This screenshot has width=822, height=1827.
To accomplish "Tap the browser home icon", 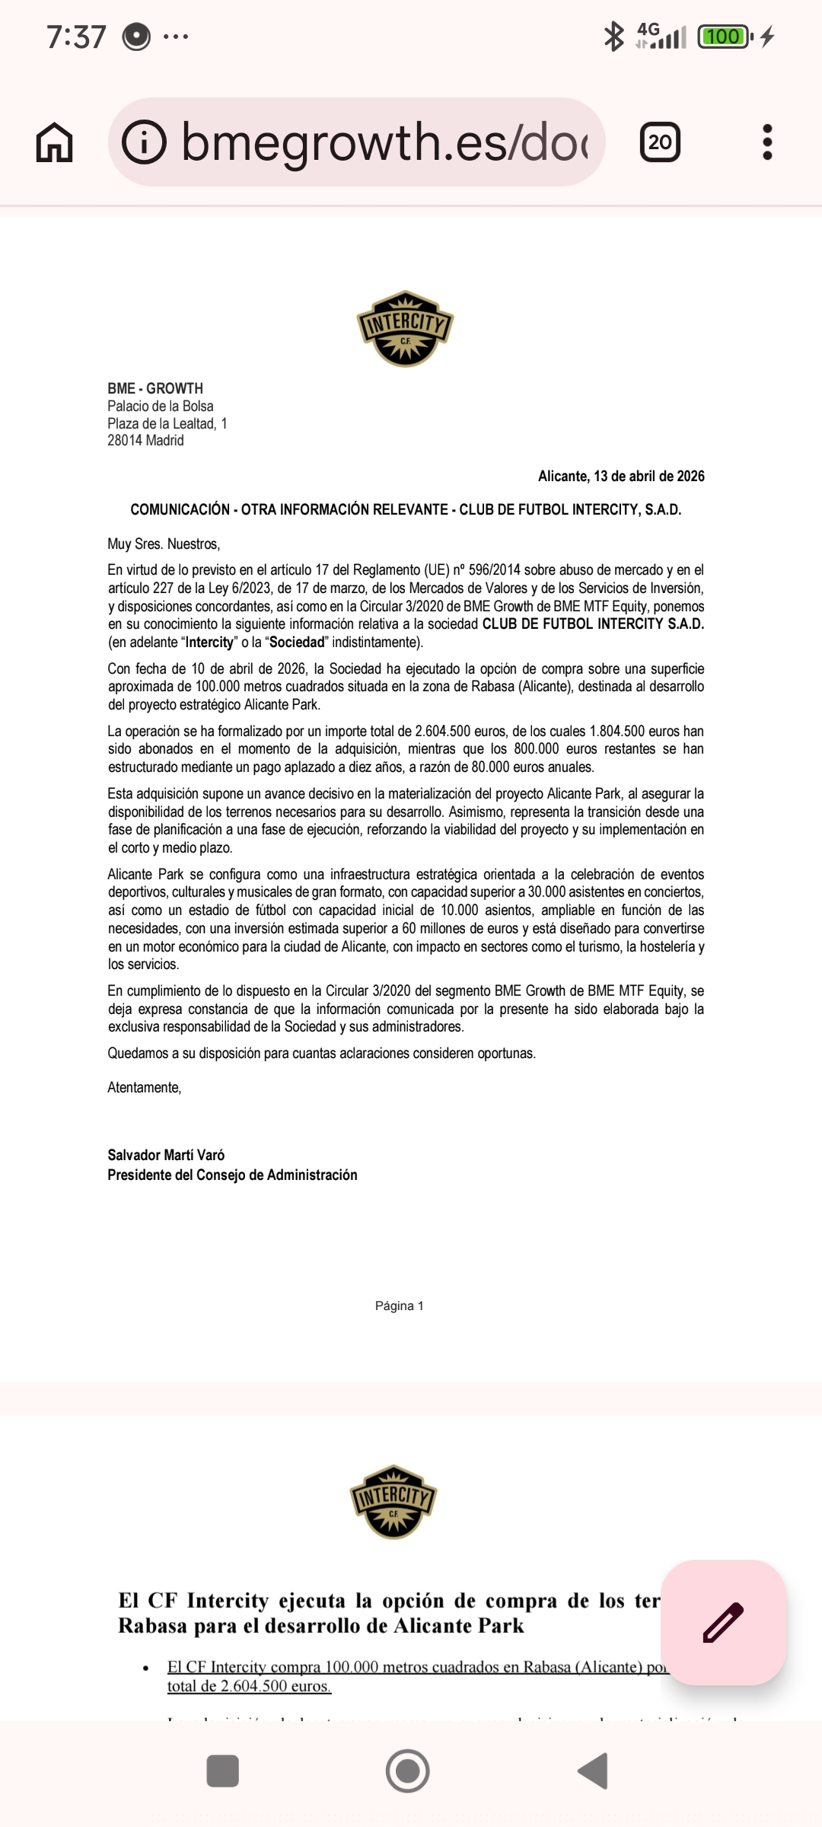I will click(x=54, y=142).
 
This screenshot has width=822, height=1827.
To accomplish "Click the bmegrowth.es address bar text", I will click(x=384, y=142).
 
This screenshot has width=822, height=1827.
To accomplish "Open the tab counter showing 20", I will click(x=660, y=142).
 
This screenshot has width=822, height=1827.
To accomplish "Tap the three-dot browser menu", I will click(x=767, y=142).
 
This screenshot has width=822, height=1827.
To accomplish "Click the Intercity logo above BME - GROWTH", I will click(x=406, y=328).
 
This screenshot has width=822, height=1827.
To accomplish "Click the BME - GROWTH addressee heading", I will click(x=155, y=388).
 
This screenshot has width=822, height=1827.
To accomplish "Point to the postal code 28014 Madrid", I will click(x=145, y=441).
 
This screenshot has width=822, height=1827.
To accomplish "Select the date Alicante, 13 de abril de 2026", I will click(x=621, y=477).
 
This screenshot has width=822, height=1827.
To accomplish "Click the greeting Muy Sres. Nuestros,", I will click(x=164, y=544).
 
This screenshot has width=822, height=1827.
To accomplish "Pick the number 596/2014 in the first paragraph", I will click(x=494, y=570).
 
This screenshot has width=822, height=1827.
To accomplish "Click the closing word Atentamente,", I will click(x=144, y=1088).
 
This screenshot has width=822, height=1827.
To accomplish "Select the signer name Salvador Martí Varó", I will click(x=166, y=1155).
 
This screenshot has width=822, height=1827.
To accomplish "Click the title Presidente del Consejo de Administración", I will click(x=232, y=1175).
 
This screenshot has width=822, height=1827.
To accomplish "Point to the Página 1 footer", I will click(x=399, y=1306).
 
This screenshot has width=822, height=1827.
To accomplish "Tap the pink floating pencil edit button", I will click(x=723, y=1622).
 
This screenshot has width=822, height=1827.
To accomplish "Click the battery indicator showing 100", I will click(x=724, y=37).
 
